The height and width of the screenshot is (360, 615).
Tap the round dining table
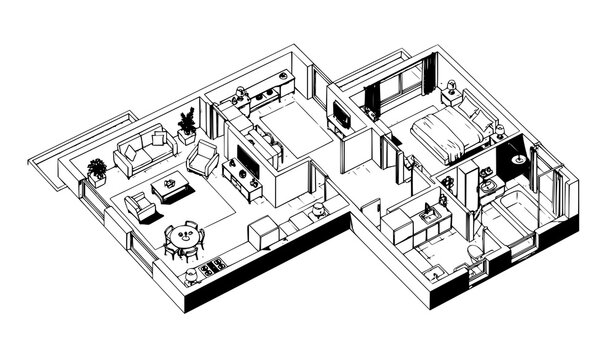pyautogui.click(x=182, y=237)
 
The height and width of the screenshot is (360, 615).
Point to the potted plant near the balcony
pyautogui.click(x=97, y=169)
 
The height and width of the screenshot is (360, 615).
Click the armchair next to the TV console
pyautogui.click(x=205, y=156)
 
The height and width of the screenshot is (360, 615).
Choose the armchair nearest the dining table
pyautogui.click(x=140, y=206)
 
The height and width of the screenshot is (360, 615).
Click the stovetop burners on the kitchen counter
pyautogui.click(x=212, y=268)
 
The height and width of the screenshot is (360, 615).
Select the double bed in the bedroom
pyautogui.click(x=440, y=135)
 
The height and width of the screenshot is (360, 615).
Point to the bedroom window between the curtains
pyautogui.click(x=399, y=93)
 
